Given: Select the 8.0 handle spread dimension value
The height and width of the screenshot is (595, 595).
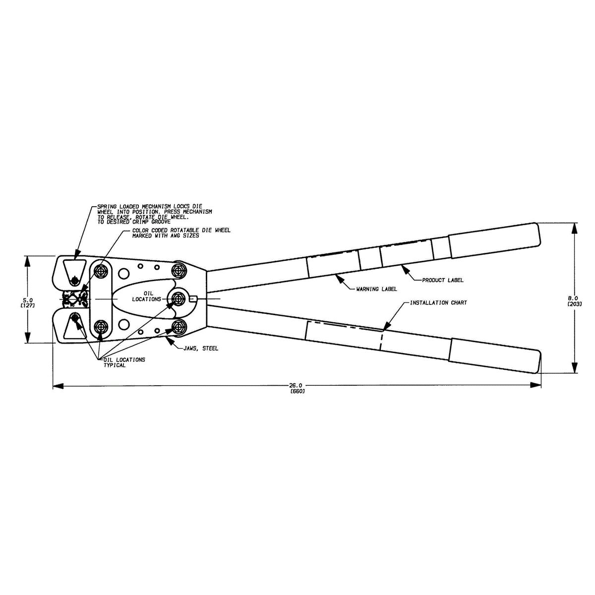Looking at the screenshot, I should [x=574, y=298].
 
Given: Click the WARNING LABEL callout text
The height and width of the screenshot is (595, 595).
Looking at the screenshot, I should [x=377, y=288].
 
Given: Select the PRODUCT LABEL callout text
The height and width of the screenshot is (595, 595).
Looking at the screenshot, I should [x=443, y=280].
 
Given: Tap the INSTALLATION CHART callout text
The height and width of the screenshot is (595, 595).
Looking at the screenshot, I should [x=438, y=302].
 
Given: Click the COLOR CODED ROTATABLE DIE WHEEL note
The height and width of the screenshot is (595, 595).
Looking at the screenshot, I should [x=181, y=233].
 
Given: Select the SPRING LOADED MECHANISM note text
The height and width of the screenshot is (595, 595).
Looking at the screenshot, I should [x=154, y=214].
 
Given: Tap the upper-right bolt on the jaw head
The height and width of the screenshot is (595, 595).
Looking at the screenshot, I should [x=178, y=271].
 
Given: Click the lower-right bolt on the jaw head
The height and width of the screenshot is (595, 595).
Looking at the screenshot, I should [x=178, y=326].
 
